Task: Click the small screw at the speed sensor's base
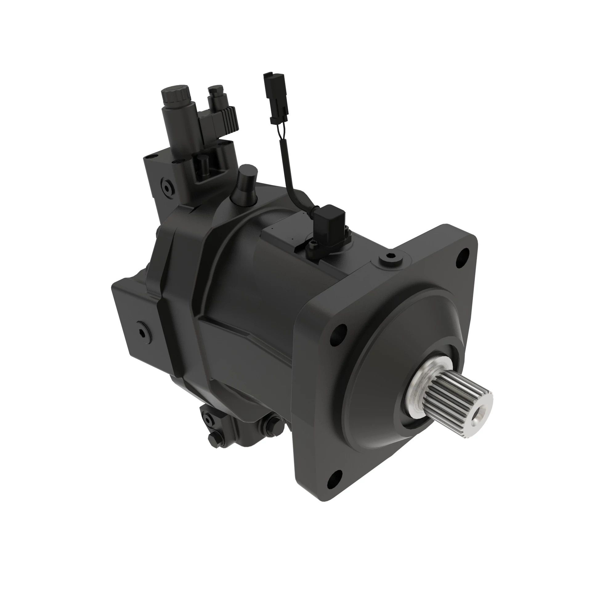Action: click(x=312, y=245)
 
